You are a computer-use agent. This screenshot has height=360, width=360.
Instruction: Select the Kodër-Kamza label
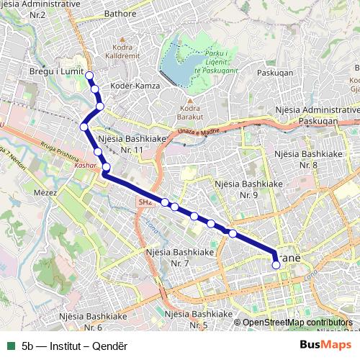[x=132, y=86]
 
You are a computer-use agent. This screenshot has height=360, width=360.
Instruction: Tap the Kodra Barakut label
[x=189, y=112]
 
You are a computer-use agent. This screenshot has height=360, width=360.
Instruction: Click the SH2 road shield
[x=145, y=204]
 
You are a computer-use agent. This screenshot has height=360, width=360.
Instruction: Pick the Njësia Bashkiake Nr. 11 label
[x=133, y=143]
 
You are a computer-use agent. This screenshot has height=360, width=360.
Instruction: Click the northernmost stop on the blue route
[x=89, y=76]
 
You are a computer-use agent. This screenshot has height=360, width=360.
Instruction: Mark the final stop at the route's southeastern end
[x=276, y=265]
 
